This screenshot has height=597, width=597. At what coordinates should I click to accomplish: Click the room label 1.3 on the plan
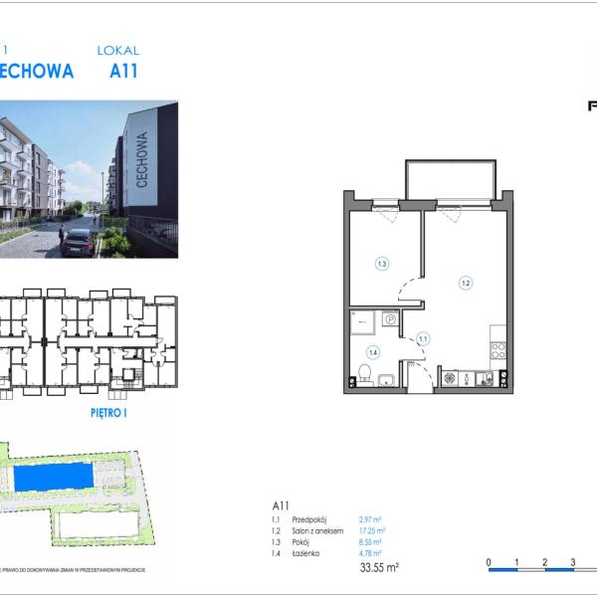(x=381, y=264)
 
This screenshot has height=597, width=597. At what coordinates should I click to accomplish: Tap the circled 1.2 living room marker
(x=465, y=282)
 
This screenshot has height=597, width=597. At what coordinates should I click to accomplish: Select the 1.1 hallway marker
(x=422, y=338)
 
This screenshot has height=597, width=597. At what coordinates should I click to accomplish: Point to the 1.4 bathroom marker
(x=373, y=351)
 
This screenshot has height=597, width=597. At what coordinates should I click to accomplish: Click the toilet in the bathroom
(x=365, y=375)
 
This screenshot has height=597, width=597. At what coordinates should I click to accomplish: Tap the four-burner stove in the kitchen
(x=498, y=349)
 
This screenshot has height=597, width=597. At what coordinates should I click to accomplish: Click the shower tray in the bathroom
(x=362, y=320)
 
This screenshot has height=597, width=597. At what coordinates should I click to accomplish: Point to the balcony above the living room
(x=449, y=179)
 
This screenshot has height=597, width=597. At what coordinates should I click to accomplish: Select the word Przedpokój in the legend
(x=310, y=519)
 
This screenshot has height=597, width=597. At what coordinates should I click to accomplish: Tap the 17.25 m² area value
(x=371, y=531)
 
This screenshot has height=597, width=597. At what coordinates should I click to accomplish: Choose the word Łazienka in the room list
(x=308, y=553)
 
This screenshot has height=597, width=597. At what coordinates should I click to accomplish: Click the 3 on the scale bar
(x=573, y=562)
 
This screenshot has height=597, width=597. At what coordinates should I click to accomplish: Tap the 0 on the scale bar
(x=489, y=562)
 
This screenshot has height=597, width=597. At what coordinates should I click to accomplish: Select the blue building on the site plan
(x=60, y=479)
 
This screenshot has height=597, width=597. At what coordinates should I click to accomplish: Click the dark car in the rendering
(x=77, y=242)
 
